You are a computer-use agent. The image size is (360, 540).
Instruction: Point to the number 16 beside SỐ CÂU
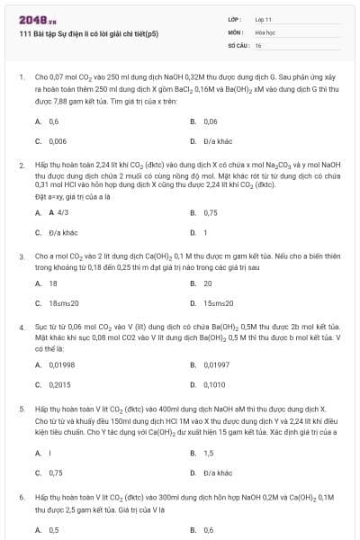tap(258, 44)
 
